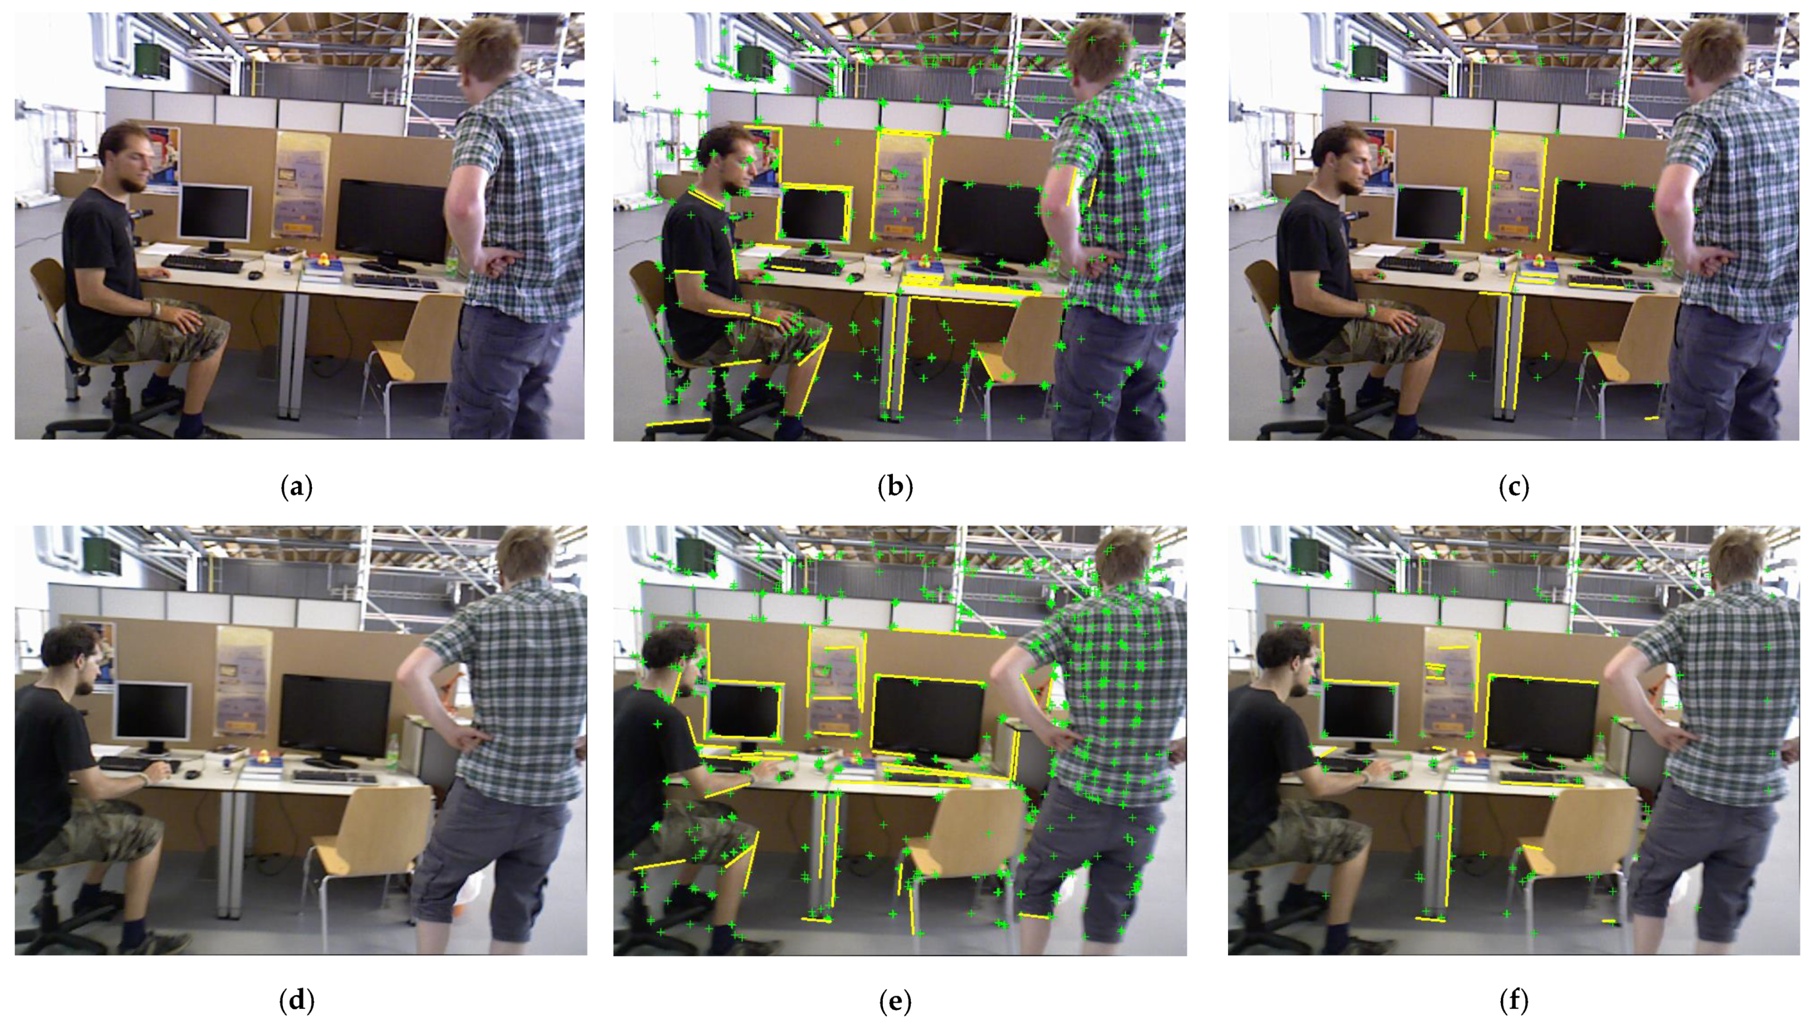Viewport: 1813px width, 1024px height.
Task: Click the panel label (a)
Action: (296, 487)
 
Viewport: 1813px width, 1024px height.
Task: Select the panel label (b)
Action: (895, 487)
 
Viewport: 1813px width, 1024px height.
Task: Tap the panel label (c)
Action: (1514, 487)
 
